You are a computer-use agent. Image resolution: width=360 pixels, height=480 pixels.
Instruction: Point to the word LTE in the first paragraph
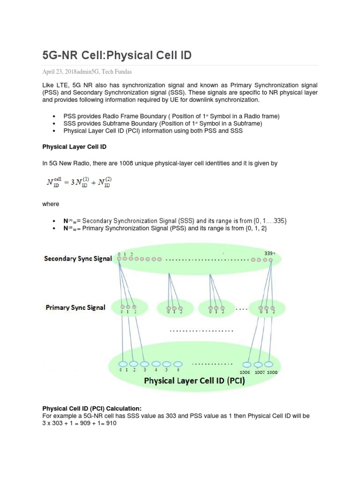[x=62, y=85]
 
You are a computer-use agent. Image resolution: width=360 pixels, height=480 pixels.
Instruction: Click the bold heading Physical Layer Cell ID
[x=74, y=147]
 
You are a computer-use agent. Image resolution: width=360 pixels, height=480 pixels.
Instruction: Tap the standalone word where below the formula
[x=51, y=204]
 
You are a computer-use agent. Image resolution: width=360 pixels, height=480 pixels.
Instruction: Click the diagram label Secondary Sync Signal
[x=78, y=259]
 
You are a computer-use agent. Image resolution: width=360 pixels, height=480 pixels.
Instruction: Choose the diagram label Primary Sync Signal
[x=75, y=307]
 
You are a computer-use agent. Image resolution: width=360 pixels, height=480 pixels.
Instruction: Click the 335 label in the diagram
[x=269, y=253]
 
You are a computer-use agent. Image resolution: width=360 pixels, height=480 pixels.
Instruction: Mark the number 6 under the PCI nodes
[x=178, y=370]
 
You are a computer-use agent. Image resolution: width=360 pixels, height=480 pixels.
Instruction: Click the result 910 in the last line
[x=110, y=423]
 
